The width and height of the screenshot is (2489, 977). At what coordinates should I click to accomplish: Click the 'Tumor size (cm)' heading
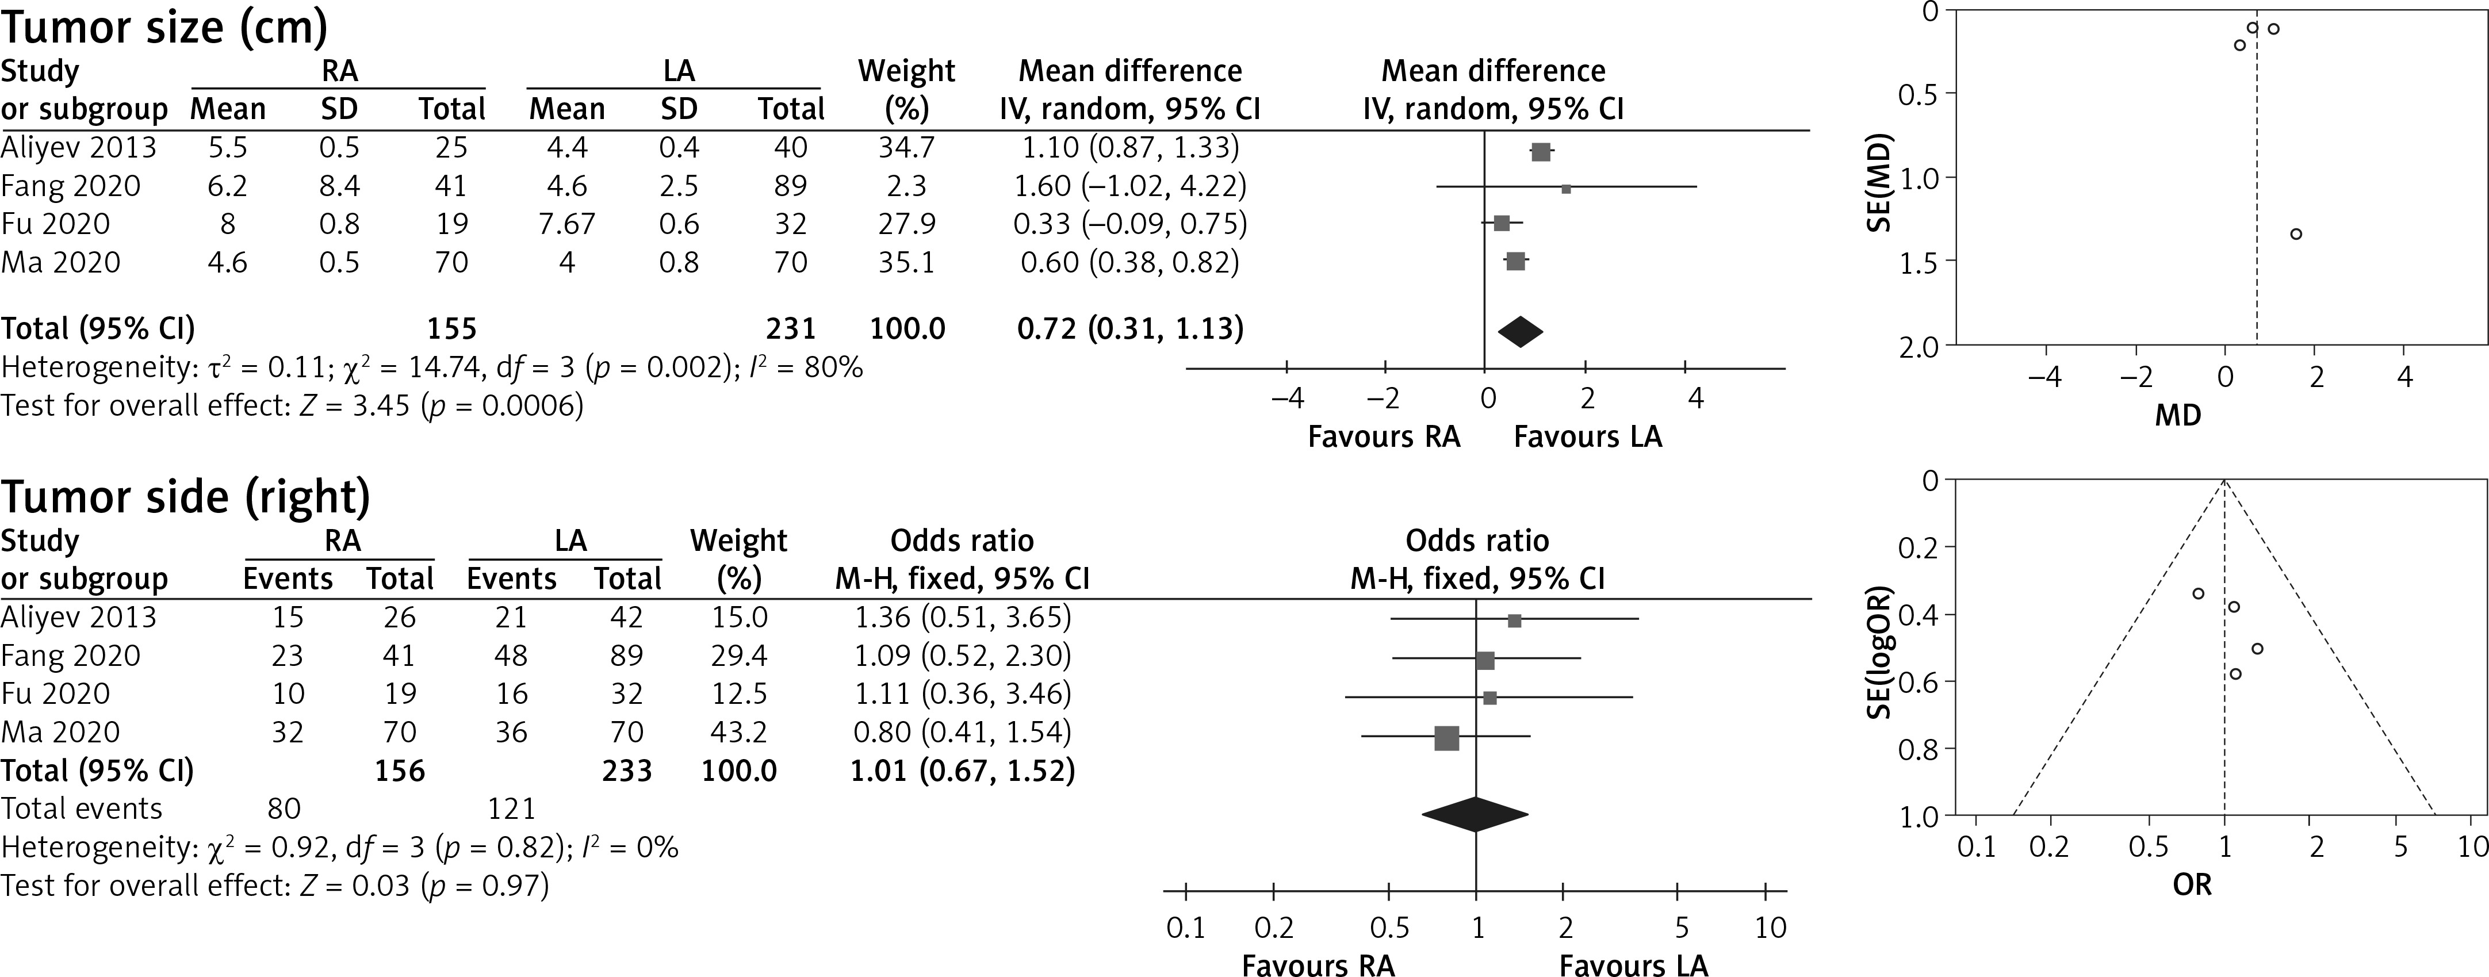click(x=164, y=27)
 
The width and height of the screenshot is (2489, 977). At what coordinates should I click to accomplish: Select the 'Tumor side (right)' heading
click(x=186, y=497)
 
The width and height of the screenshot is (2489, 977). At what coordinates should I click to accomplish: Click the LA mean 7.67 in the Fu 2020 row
click(x=566, y=224)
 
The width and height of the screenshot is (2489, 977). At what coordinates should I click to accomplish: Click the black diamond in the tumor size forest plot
click(x=1520, y=331)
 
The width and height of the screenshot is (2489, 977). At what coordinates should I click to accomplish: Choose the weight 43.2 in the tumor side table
click(x=738, y=733)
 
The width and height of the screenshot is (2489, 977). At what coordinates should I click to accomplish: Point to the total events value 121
click(x=511, y=809)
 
